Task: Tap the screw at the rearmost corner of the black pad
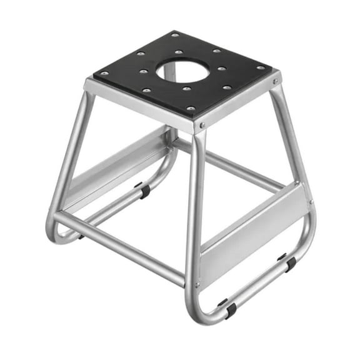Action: pyautogui.click(x=176, y=35)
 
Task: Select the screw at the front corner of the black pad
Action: pyautogui.click(x=190, y=109)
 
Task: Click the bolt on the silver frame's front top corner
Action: pyautogui.click(x=201, y=126)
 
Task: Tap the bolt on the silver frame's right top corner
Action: pyautogui.click(x=276, y=81)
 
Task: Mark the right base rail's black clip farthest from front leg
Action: pyautogui.click(x=289, y=263)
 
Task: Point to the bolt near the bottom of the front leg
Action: pyautogui.click(x=198, y=284)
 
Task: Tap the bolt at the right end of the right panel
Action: pyautogui.click(x=309, y=202)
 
